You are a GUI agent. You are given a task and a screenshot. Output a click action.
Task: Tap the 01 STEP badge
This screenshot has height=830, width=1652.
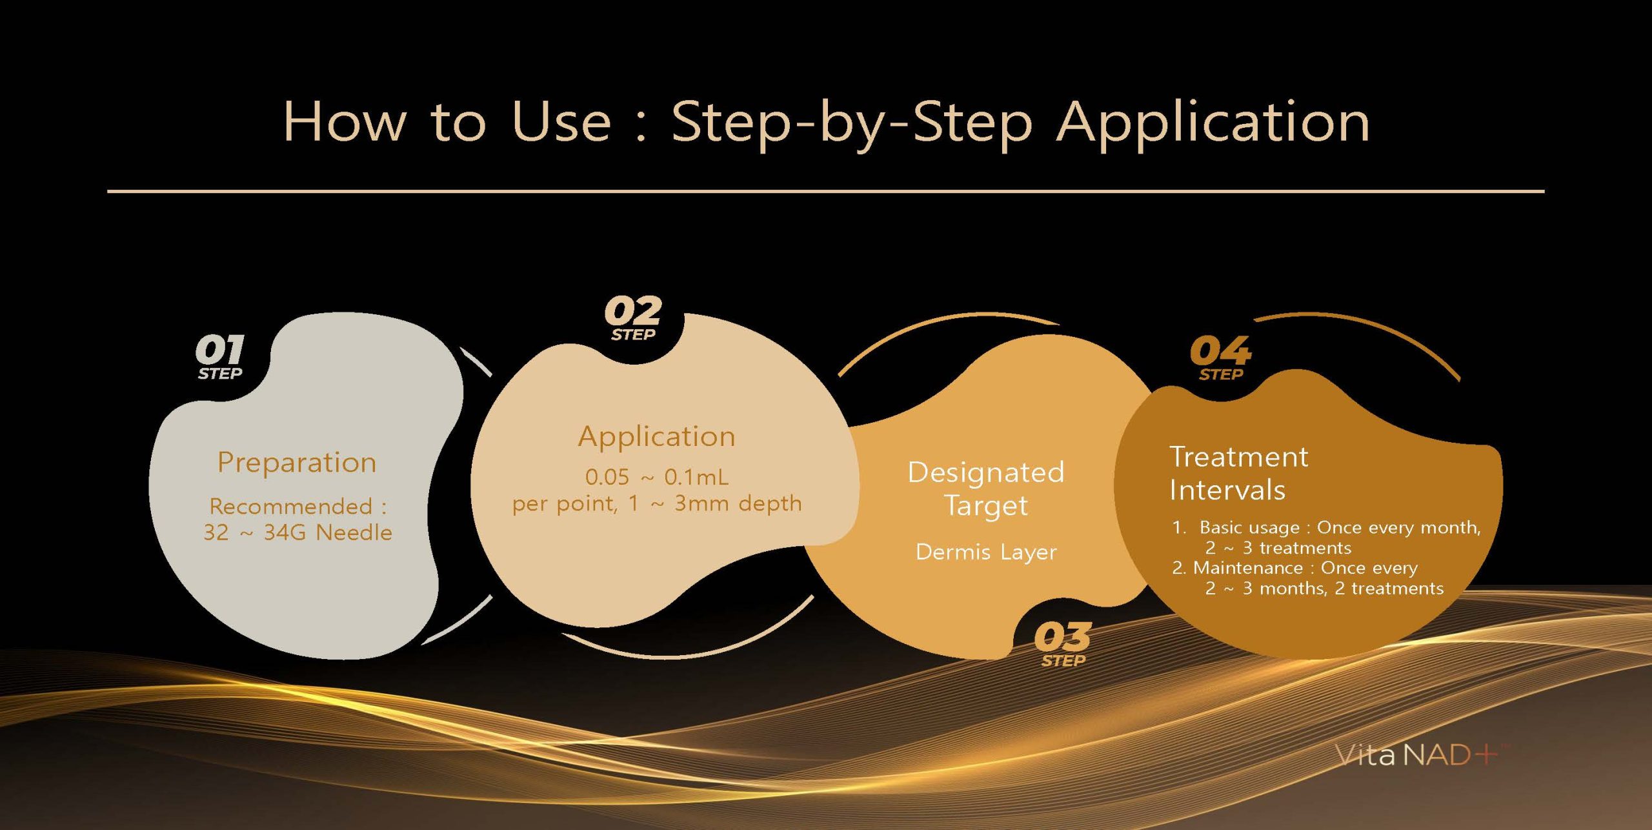click(220, 357)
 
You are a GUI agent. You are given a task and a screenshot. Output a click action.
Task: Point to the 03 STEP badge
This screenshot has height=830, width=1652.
click(1063, 643)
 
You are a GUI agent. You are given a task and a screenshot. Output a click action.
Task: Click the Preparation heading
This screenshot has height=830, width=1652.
click(297, 463)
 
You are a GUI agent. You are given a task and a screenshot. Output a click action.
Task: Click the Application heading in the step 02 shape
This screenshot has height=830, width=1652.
click(656, 437)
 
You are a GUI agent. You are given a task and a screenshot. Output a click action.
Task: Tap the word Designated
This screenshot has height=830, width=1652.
click(986, 472)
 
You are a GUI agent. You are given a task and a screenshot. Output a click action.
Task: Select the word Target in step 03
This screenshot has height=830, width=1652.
click(986, 505)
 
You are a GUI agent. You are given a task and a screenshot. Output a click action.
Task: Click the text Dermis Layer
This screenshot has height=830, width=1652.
click(986, 552)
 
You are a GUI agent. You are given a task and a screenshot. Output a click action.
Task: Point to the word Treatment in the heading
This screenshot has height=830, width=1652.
click(1239, 457)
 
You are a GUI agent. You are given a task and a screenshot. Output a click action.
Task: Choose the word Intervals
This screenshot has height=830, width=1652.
click(1227, 490)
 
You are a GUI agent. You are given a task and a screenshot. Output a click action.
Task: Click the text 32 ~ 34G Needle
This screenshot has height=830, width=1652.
click(297, 532)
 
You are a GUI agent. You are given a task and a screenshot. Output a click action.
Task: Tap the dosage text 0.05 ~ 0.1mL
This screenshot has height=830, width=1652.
click(657, 477)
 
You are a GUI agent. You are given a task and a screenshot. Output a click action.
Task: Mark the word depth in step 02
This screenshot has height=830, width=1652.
click(770, 503)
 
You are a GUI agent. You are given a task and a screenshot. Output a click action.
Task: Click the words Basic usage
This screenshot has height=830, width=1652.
click(1249, 528)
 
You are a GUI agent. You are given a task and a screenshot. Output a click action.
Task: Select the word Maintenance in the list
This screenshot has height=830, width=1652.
click(1248, 568)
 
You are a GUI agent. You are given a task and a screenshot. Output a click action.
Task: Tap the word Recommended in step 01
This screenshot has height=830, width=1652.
click(291, 506)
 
